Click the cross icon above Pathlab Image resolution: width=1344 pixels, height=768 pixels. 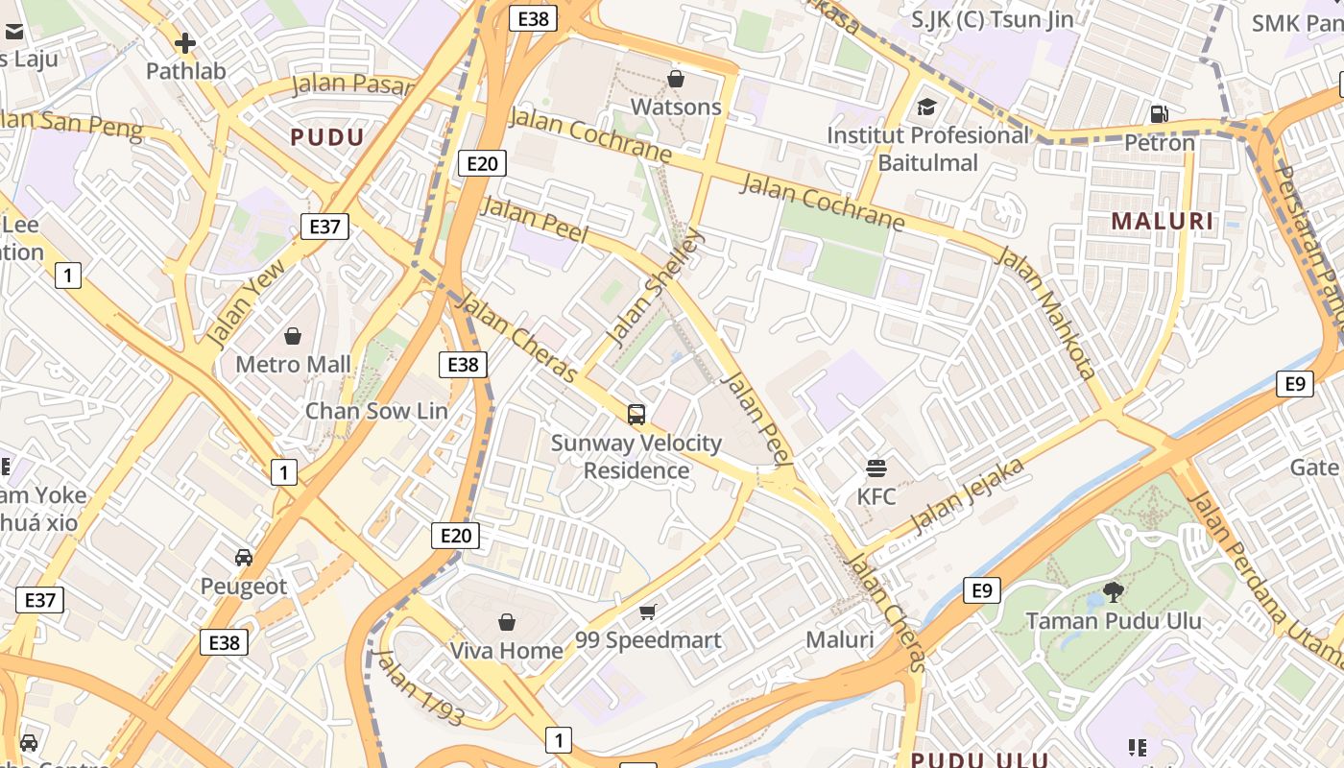click(x=185, y=43)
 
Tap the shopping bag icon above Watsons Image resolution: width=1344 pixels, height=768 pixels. click(x=676, y=79)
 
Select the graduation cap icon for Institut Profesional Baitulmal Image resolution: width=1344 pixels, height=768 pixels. click(x=926, y=107)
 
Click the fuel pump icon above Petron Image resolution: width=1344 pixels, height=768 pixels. click(x=1160, y=114)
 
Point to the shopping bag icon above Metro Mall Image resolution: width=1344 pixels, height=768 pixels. click(x=293, y=336)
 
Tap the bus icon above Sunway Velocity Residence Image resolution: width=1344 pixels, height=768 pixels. click(x=636, y=415)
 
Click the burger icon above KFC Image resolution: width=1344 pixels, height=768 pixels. click(x=876, y=468)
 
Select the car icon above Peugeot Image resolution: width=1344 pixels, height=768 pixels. click(x=244, y=558)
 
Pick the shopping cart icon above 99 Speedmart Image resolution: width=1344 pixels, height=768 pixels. click(x=648, y=612)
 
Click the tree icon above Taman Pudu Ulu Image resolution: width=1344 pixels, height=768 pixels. click(x=1114, y=591)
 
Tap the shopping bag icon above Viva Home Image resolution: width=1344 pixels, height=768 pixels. click(x=507, y=622)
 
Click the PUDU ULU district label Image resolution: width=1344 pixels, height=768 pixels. click(x=979, y=759)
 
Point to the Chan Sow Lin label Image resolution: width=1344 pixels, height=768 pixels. click(x=376, y=411)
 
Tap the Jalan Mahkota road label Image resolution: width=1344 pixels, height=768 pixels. click(x=1045, y=312)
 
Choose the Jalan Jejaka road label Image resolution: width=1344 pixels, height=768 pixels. click(x=968, y=495)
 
